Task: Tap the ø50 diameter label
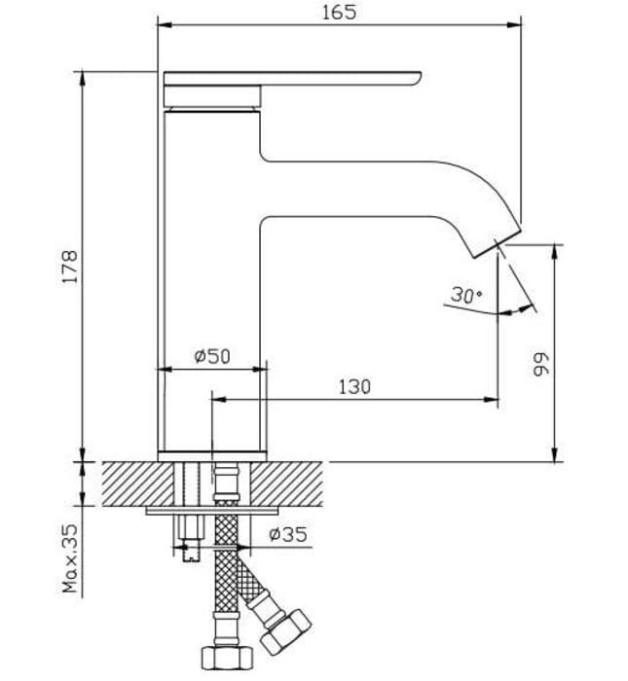pos(211,357)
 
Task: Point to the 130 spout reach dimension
pos(353,386)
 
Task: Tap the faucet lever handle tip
pos(417,77)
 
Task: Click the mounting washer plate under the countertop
pos(210,511)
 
